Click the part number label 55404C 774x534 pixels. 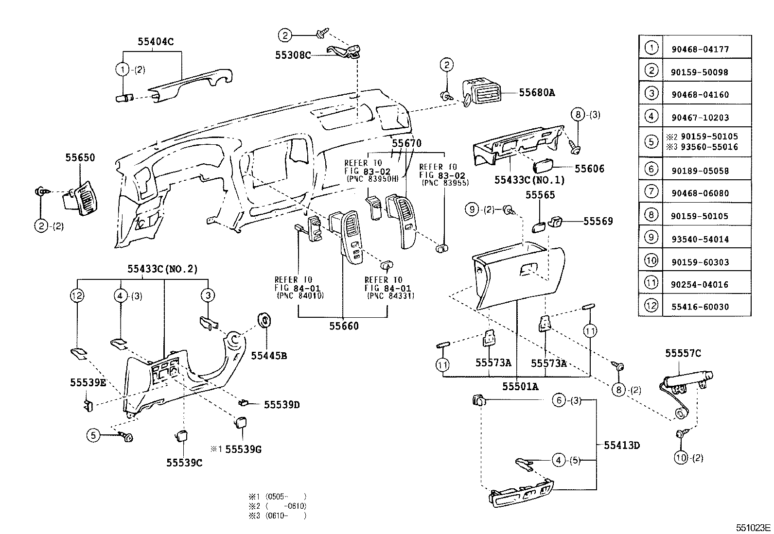pyautogui.click(x=156, y=41)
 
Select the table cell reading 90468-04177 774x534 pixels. pyautogui.click(x=700, y=50)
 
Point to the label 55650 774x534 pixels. pyautogui.click(x=80, y=157)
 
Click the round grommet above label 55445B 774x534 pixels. pyautogui.click(x=264, y=320)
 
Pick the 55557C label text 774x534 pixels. pyautogui.click(x=683, y=353)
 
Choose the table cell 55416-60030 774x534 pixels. pyautogui.click(x=700, y=307)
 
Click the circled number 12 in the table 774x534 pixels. pyautogui.click(x=651, y=305)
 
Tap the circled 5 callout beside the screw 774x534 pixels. pyautogui.click(x=93, y=435)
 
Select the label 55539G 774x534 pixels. pyautogui.click(x=243, y=449)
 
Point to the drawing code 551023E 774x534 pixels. pyautogui.click(x=753, y=528)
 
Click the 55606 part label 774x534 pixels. pyautogui.click(x=589, y=169)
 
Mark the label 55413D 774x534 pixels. pyautogui.click(x=622, y=445)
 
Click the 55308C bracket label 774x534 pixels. pyautogui.click(x=293, y=55)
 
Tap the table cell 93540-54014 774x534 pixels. pyautogui.click(x=700, y=240)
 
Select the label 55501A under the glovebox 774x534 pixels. pyautogui.click(x=520, y=386)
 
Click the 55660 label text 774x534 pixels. pyautogui.click(x=344, y=326)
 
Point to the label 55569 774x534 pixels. pyautogui.click(x=598, y=221)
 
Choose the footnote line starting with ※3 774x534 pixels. pyautogui.click(x=278, y=516)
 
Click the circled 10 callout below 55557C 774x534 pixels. pyautogui.click(x=681, y=458)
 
